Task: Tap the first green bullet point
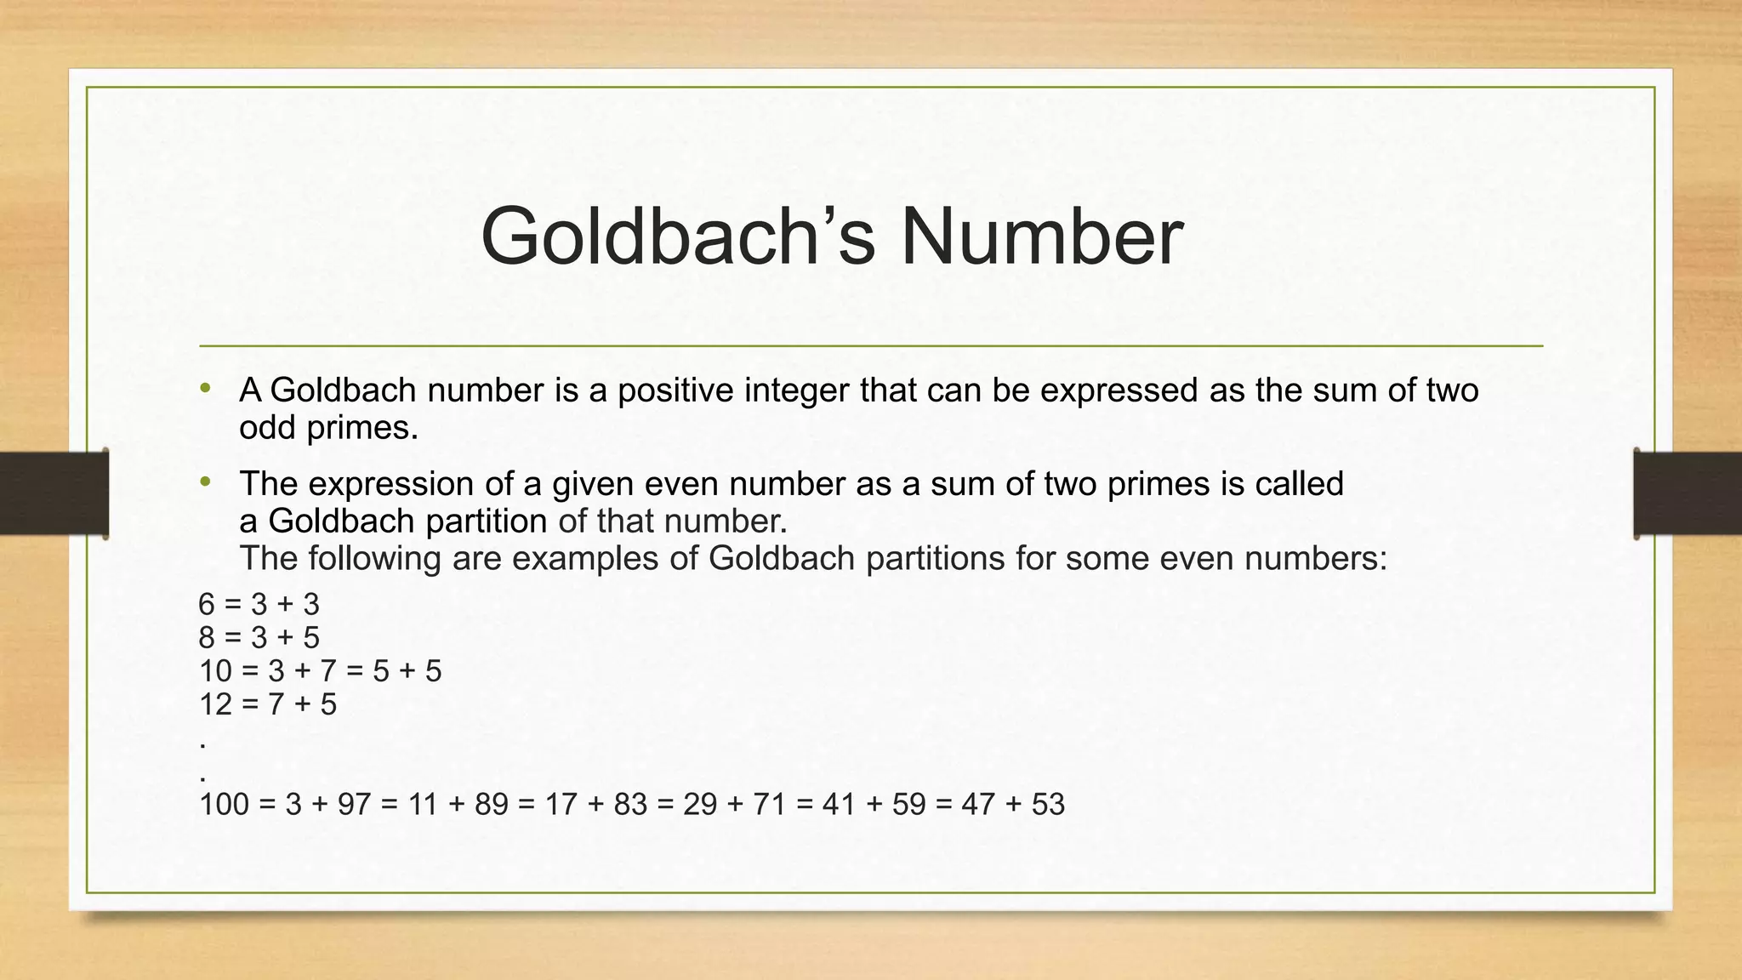point(205,390)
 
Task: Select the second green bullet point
point(205,482)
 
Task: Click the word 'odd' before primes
point(267,427)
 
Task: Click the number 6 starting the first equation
point(207,605)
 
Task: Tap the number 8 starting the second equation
point(207,638)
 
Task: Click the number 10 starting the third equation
point(215,671)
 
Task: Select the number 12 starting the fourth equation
point(215,704)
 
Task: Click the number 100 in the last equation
point(224,804)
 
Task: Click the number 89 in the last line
point(492,804)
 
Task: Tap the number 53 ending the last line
point(1048,804)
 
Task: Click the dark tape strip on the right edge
point(1688,493)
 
